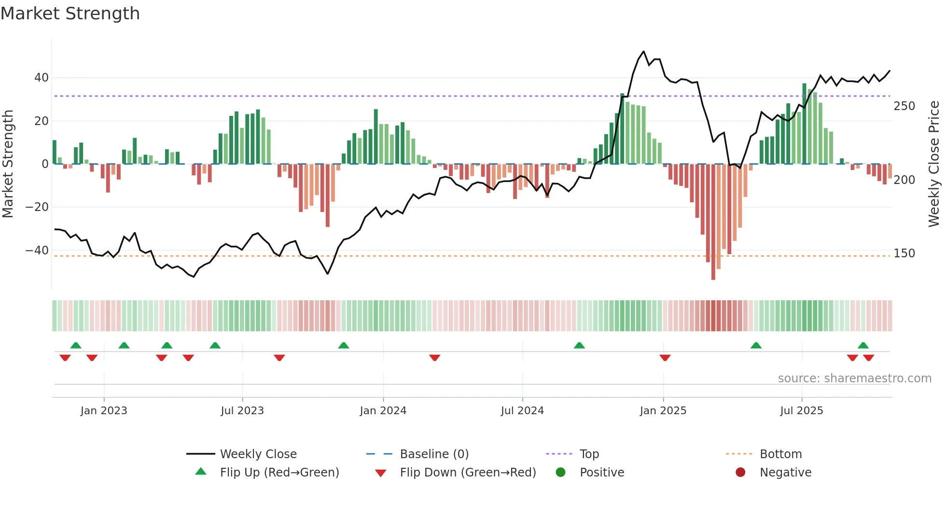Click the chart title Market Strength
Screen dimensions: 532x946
click(x=70, y=14)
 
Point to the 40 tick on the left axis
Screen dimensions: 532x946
click(x=42, y=78)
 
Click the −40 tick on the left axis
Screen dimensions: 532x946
click(x=37, y=251)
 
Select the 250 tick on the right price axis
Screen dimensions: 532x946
click(x=904, y=106)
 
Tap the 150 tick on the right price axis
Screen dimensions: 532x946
click(x=904, y=253)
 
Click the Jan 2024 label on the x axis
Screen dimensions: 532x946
click(x=383, y=411)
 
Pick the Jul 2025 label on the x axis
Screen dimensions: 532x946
click(x=801, y=411)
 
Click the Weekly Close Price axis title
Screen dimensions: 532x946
click(x=934, y=164)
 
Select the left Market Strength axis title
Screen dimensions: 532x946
click(x=8, y=164)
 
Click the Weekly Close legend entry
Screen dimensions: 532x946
click(x=258, y=454)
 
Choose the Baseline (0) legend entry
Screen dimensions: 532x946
click(x=434, y=454)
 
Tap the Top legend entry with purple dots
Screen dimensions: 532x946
click(x=589, y=454)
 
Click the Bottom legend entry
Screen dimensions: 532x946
click(x=780, y=454)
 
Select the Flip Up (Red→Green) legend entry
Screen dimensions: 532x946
click(x=279, y=473)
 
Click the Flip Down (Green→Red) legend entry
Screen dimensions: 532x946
click(x=467, y=473)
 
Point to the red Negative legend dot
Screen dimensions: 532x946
click(x=740, y=473)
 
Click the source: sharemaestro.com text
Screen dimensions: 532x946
click(x=854, y=378)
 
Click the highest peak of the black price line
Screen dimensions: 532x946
click(x=643, y=52)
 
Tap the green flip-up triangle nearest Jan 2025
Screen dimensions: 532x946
click(x=579, y=345)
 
